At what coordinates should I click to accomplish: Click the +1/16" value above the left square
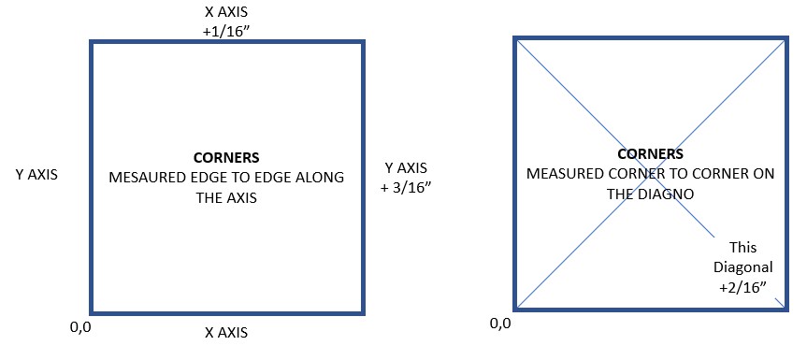pyautogui.click(x=225, y=30)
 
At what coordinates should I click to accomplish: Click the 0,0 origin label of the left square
pyautogui.click(x=80, y=326)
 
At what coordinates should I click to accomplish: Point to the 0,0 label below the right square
pyautogui.click(x=500, y=324)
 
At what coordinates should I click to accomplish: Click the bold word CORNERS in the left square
pyautogui.click(x=226, y=158)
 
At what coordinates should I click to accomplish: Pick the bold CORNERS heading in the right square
pyautogui.click(x=651, y=153)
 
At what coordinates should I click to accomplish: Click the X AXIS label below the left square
pyautogui.click(x=225, y=332)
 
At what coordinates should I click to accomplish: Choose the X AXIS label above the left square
pyautogui.click(x=225, y=11)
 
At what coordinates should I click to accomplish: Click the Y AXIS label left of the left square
pyautogui.click(x=38, y=174)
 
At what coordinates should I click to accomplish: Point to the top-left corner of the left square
pyautogui.click(x=91, y=42)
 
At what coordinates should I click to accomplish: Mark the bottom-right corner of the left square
pyautogui.click(x=362, y=311)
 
